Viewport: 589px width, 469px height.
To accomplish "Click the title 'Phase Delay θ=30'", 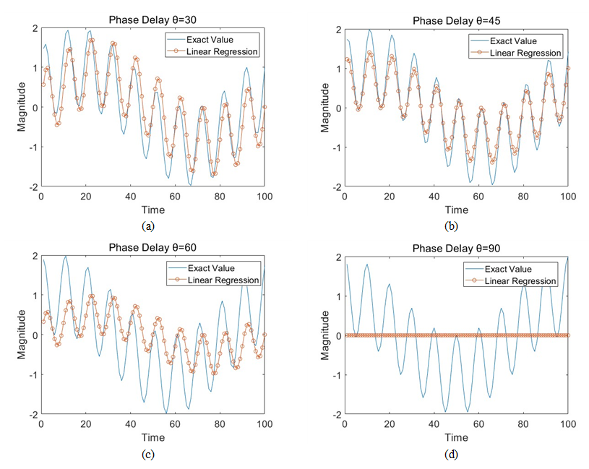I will click(152, 20).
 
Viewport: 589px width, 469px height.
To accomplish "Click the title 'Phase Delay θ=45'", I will click(457, 20).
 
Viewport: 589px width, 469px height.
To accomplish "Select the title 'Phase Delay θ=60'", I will click(152, 248).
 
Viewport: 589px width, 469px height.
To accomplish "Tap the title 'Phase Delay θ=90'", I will click(457, 248).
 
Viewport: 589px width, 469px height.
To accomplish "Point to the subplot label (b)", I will click(451, 226).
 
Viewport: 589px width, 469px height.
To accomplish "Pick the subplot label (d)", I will click(451, 455).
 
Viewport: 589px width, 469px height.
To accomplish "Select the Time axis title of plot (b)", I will click(457, 210).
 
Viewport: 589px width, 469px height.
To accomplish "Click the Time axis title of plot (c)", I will click(152, 438).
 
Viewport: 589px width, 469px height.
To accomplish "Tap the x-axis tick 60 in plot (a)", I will click(175, 197).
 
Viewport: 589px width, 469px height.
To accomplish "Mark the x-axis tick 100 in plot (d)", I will click(568, 426).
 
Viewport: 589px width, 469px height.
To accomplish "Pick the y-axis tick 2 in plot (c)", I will click(32, 256).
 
